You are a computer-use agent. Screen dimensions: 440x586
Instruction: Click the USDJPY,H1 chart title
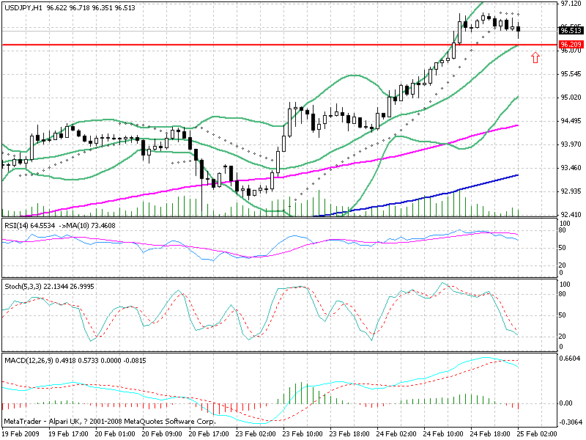(x=23, y=6)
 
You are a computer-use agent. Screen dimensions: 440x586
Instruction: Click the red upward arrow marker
(x=535, y=56)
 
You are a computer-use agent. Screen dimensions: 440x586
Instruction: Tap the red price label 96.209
(x=570, y=45)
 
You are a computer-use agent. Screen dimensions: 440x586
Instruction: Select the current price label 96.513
(x=570, y=31)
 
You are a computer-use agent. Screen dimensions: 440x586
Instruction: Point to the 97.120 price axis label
(x=570, y=4)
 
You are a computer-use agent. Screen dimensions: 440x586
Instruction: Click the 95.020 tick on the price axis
(x=570, y=98)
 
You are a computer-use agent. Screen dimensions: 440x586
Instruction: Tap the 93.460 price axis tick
(x=570, y=168)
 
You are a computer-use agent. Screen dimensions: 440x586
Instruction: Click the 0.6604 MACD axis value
(x=570, y=359)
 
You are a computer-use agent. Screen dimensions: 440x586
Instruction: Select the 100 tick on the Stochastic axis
(x=564, y=283)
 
